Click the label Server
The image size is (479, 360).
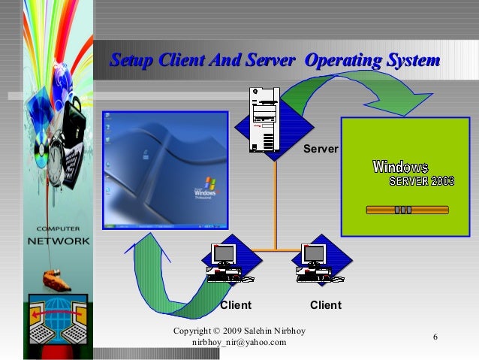pos(321,150)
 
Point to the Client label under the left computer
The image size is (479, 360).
pos(235,305)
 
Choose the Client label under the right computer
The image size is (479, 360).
pos(325,305)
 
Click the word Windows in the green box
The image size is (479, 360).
pos(400,167)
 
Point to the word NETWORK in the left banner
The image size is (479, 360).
pos(59,242)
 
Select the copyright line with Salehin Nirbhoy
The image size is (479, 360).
pos(243,331)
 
